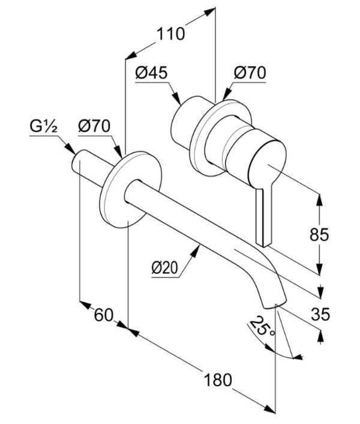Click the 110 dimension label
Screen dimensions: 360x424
[170, 34]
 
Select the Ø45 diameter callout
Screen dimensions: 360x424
[152, 73]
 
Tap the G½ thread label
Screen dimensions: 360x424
[43, 127]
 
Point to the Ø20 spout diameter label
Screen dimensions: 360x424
[165, 268]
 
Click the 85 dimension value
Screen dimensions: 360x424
[319, 234]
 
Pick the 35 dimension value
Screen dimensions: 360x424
[320, 314]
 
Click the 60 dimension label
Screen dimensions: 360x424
[103, 315]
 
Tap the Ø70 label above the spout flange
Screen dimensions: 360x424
[94, 126]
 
